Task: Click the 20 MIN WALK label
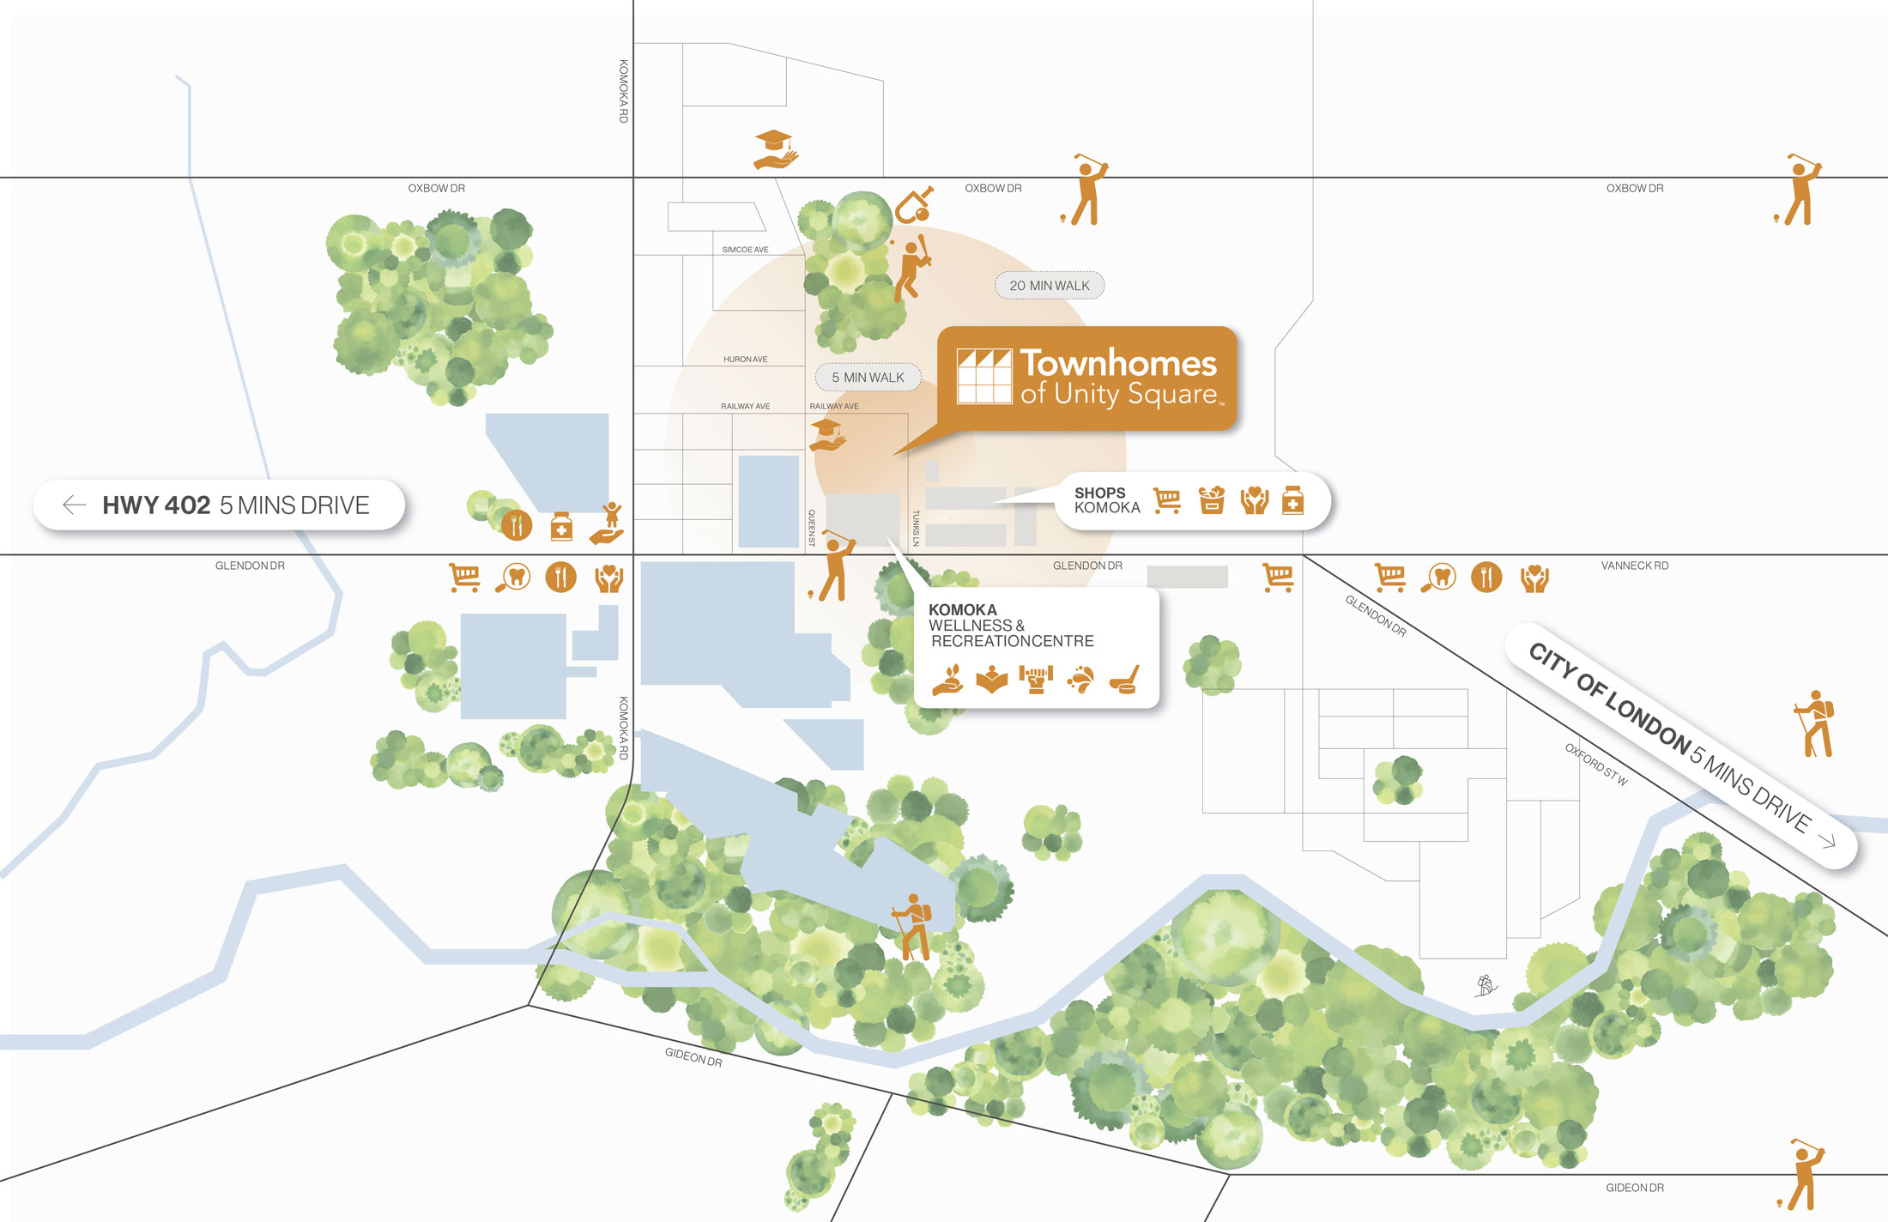[x=1049, y=286]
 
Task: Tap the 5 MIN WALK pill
[x=868, y=378]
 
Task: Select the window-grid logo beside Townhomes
[x=984, y=376]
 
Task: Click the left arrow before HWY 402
[x=75, y=505]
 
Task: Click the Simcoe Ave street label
[x=745, y=250]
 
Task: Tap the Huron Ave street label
[x=745, y=360]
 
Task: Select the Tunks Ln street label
[x=916, y=528]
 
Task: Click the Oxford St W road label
[x=1595, y=764]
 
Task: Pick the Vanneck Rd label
[x=1634, y=566]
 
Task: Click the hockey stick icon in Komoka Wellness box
[x=1124, y=679]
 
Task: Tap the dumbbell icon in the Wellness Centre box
[x=1036, y=679]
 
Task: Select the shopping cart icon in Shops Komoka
[x=1167, y=500]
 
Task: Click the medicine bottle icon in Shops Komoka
[x=1292, y=500]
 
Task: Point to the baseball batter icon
[x=911, y=268]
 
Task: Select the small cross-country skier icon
[x=1486, y=985]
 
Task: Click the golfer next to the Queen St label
[x=833, y=566]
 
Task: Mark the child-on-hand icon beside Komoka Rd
[x=608, y=523]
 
